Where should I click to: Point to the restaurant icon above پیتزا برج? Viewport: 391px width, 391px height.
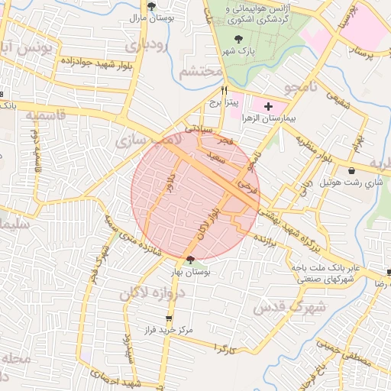pos(224,89)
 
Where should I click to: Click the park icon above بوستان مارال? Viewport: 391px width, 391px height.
pos(152,5)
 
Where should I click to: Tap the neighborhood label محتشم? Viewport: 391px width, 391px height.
pos(201,72)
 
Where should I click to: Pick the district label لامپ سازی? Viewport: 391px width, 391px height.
pos(146,140)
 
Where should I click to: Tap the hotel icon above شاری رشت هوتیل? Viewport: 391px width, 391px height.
pos(351,170)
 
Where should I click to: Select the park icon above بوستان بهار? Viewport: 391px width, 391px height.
pos(190,260)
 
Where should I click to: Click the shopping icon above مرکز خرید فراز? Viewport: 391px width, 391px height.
pos(169,318)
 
